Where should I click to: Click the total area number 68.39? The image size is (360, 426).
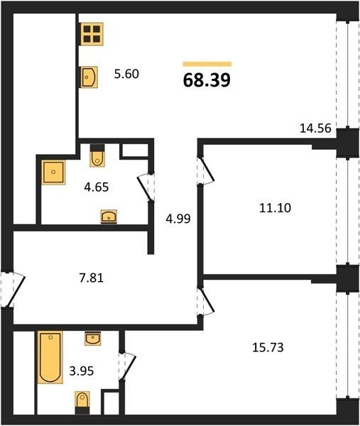(207, 80)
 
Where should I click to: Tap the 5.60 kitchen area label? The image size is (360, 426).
(126, 74)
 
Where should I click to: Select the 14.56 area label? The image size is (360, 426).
(315, 128)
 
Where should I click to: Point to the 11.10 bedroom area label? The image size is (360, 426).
(275, 208)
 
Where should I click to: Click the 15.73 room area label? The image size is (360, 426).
(268, 347)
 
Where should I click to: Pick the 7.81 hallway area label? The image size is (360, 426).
(92, 278)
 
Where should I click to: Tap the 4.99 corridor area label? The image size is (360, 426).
(178, 219)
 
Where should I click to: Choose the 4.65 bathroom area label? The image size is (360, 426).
(97, 187)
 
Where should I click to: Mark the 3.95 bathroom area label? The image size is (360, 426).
(82, 371)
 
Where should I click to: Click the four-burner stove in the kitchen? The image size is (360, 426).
(92, 34)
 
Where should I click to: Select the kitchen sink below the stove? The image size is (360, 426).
(89, 77)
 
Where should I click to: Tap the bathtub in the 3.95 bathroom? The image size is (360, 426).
(50, 357)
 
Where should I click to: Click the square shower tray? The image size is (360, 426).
(53, 173)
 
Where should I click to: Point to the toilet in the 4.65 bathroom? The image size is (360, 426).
(97, 155)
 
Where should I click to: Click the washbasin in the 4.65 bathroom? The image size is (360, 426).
(109, 217)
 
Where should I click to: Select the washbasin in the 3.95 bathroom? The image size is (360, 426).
(93, 339)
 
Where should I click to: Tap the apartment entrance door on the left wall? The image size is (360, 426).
(13, 289)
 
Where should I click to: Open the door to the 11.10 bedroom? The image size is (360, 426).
(206, 170)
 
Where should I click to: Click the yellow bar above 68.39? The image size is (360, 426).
(207, 64)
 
